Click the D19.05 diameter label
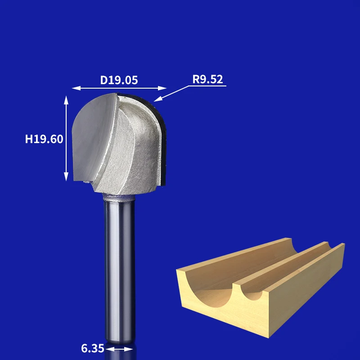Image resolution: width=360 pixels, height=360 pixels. tap(119, 80)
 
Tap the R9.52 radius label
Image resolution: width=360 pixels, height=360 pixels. tap(207, 79)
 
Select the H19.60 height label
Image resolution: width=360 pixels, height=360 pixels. tap(44, 139)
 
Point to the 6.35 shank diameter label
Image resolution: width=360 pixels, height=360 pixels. tap(93, 348)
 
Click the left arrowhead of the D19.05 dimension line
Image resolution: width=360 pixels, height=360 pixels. tap(76, 88)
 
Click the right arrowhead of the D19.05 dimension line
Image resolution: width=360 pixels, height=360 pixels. tap(162, 88)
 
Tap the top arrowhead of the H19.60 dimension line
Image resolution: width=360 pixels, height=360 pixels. tap(66, 100)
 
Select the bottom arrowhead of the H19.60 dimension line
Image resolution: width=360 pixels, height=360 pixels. tap(66, 176)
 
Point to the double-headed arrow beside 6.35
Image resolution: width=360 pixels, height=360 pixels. tap(119, 349)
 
